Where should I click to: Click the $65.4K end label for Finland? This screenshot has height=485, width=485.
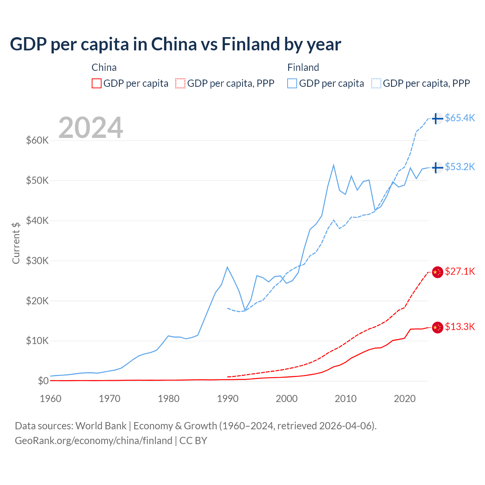[460, 118]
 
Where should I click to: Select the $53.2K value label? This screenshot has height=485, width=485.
[460, 167]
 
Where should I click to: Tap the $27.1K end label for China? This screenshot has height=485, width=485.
[460, 272]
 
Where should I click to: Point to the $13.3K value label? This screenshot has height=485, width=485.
[460, 327]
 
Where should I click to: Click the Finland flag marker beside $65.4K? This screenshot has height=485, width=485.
[437, 119]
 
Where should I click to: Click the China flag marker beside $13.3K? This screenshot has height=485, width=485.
[437, 327]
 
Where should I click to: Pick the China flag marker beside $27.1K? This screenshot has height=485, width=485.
[437, 272]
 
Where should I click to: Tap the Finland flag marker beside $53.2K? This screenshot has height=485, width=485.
[437, 167]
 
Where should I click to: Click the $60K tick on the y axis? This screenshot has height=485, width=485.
[37, 141]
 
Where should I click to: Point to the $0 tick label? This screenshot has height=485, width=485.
[43, 381]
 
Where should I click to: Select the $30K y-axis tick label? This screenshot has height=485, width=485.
[37, 261]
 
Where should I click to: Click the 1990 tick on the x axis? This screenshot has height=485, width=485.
[228, 399]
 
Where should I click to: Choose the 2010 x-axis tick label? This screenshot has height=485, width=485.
[346, 399]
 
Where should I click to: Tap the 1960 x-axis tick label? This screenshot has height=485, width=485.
[51, 399]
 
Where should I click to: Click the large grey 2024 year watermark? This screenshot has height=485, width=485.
[91, 128]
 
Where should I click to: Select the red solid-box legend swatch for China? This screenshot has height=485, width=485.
[97, 83]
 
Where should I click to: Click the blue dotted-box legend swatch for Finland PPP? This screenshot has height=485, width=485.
[376, 83]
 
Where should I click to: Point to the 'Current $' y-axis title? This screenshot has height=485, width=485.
[16, 243]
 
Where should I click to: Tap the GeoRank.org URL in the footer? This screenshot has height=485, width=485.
[94, 441]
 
